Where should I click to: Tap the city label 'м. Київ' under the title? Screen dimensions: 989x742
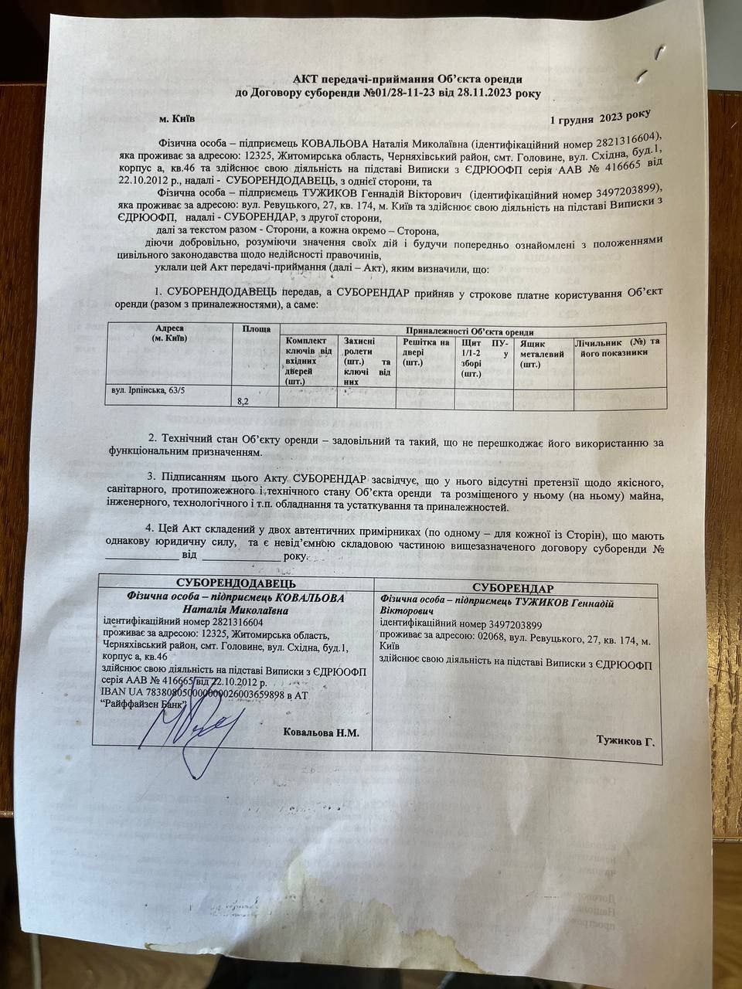(177, 119)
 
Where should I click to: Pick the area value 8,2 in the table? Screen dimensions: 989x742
(242, 401)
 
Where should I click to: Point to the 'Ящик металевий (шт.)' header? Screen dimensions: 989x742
(541, 354)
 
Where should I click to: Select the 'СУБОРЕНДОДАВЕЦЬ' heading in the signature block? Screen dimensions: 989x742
(236, 584)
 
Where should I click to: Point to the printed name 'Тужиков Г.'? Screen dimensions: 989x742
(625, 741)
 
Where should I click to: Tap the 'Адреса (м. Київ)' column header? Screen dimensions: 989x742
(169, 334)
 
